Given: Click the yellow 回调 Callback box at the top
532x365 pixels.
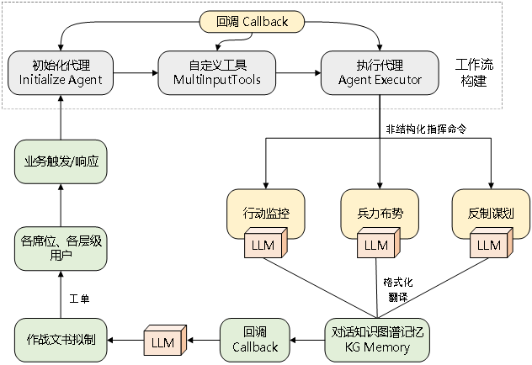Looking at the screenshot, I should [x=252, y=22].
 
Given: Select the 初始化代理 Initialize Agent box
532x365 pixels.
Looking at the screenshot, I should [x=61, y=72].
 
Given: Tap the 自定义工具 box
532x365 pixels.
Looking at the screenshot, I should [x=217, y=72].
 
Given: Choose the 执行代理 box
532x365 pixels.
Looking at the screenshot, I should [x=380, y=72].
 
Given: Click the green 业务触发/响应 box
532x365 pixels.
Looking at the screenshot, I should [x=61, y=161].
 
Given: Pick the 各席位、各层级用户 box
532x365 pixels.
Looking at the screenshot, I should [x=61, y=248].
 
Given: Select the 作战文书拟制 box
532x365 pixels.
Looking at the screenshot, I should [x=61, y=341].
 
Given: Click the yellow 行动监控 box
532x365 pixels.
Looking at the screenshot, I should [x=265, y=214].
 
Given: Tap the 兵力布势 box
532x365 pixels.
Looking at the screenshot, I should [x=380, y=214].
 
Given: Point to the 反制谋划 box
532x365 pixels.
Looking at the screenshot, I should [x=491, y=214].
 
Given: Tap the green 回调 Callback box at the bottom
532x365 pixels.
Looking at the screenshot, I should [x=254, y=341].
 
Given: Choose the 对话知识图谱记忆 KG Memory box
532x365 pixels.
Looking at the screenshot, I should [x=378, y=341].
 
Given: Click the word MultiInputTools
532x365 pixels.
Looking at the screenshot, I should [x=217, y=81].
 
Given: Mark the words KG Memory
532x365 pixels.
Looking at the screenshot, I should [x=378, y=347].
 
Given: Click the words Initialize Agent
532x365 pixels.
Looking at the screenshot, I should [x=61, y=81].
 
